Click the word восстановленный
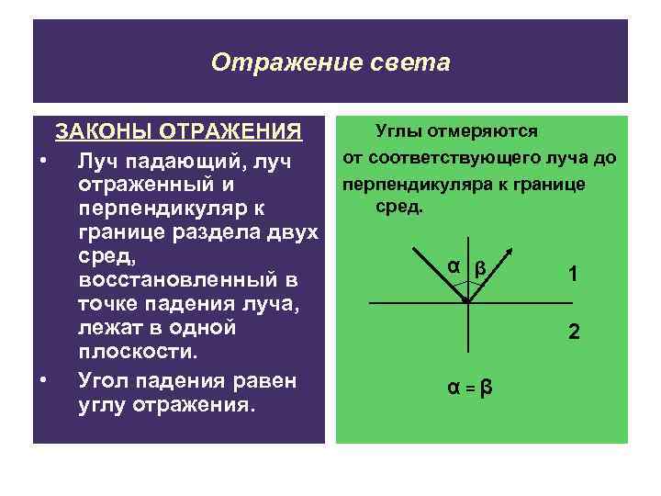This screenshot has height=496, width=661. tap(170, 278)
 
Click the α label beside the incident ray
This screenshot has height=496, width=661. tap(453, 266)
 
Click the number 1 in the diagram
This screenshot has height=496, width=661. tap(573, 274)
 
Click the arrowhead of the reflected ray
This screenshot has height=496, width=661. tap(507, 250)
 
